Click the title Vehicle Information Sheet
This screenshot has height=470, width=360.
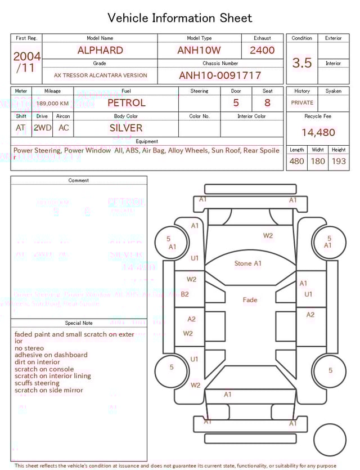tap(180, 18)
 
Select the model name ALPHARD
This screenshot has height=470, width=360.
tap(100, 50)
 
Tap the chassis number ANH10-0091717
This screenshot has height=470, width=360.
tap(220, 75)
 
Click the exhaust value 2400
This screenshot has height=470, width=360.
tap(262, 50)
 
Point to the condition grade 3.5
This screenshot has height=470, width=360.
tap(302, 63)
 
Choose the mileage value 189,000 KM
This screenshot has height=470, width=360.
tap(53, 104)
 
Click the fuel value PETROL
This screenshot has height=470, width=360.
tap(126, 103)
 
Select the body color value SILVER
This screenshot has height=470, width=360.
tap(126, 128)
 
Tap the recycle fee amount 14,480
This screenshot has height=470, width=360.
tap(318, 133)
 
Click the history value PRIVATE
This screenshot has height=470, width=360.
tap(302, 103)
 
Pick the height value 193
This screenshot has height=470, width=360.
tap(339, 161)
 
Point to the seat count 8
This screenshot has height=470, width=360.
tap(267, 103)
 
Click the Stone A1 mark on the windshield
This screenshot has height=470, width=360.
tap(248, 263)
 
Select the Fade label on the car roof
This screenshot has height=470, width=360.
tap(250, 300)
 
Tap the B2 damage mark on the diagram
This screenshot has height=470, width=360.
tap(184, 294)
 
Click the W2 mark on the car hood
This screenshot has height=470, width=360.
tap(268, 236)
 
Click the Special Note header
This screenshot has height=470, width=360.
tap(79, 323)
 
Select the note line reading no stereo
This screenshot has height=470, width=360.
tap(29, 348)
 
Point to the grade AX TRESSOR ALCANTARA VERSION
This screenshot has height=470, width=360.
tap(100, 75)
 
